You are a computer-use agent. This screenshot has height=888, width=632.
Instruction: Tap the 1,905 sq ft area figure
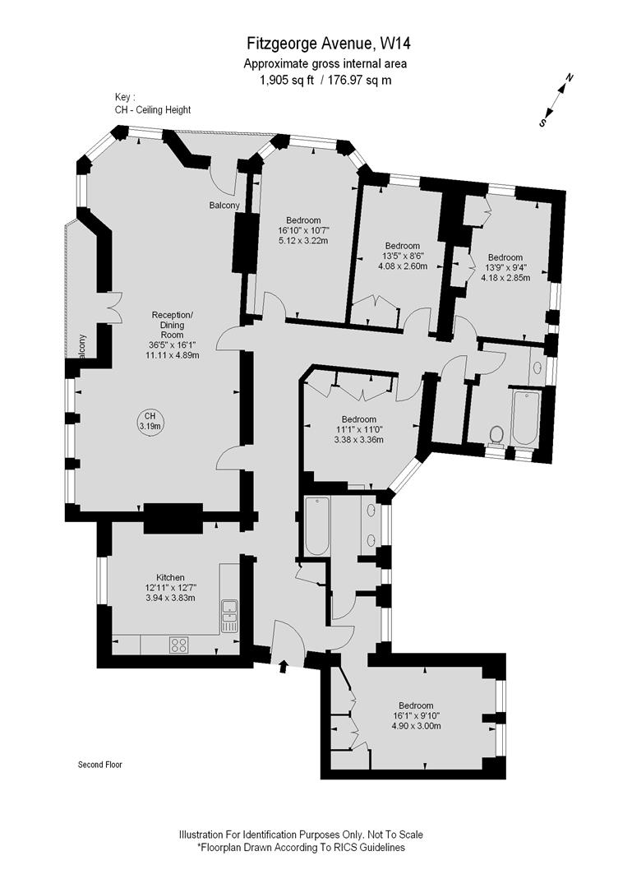click(282, 80)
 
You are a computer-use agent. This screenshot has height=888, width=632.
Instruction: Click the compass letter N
click(570, 79)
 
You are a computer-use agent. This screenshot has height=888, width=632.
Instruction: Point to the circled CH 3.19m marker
click(150, 421)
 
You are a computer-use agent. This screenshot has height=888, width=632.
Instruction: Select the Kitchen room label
click(170, 577)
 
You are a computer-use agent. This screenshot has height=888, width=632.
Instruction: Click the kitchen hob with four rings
click(178, 645)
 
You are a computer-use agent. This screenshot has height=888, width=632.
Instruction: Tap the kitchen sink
click(229, 615)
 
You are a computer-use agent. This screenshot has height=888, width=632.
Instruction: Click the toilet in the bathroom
click(495, 434)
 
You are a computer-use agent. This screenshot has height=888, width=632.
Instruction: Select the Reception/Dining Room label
click(173, 324)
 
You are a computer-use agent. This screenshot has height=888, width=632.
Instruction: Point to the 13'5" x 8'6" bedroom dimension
click(403, 256)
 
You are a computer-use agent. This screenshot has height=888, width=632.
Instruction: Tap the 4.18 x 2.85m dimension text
click(505, 277)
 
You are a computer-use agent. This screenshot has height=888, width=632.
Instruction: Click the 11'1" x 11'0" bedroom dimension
click(359, 429)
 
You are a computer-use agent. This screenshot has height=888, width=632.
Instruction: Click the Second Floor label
click(100, 764)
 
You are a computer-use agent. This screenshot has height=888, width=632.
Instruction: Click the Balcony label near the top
click(224, 206)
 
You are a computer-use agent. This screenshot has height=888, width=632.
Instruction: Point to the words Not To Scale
click(387, 835)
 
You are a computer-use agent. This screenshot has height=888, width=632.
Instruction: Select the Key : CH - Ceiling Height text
click(153, 104)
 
